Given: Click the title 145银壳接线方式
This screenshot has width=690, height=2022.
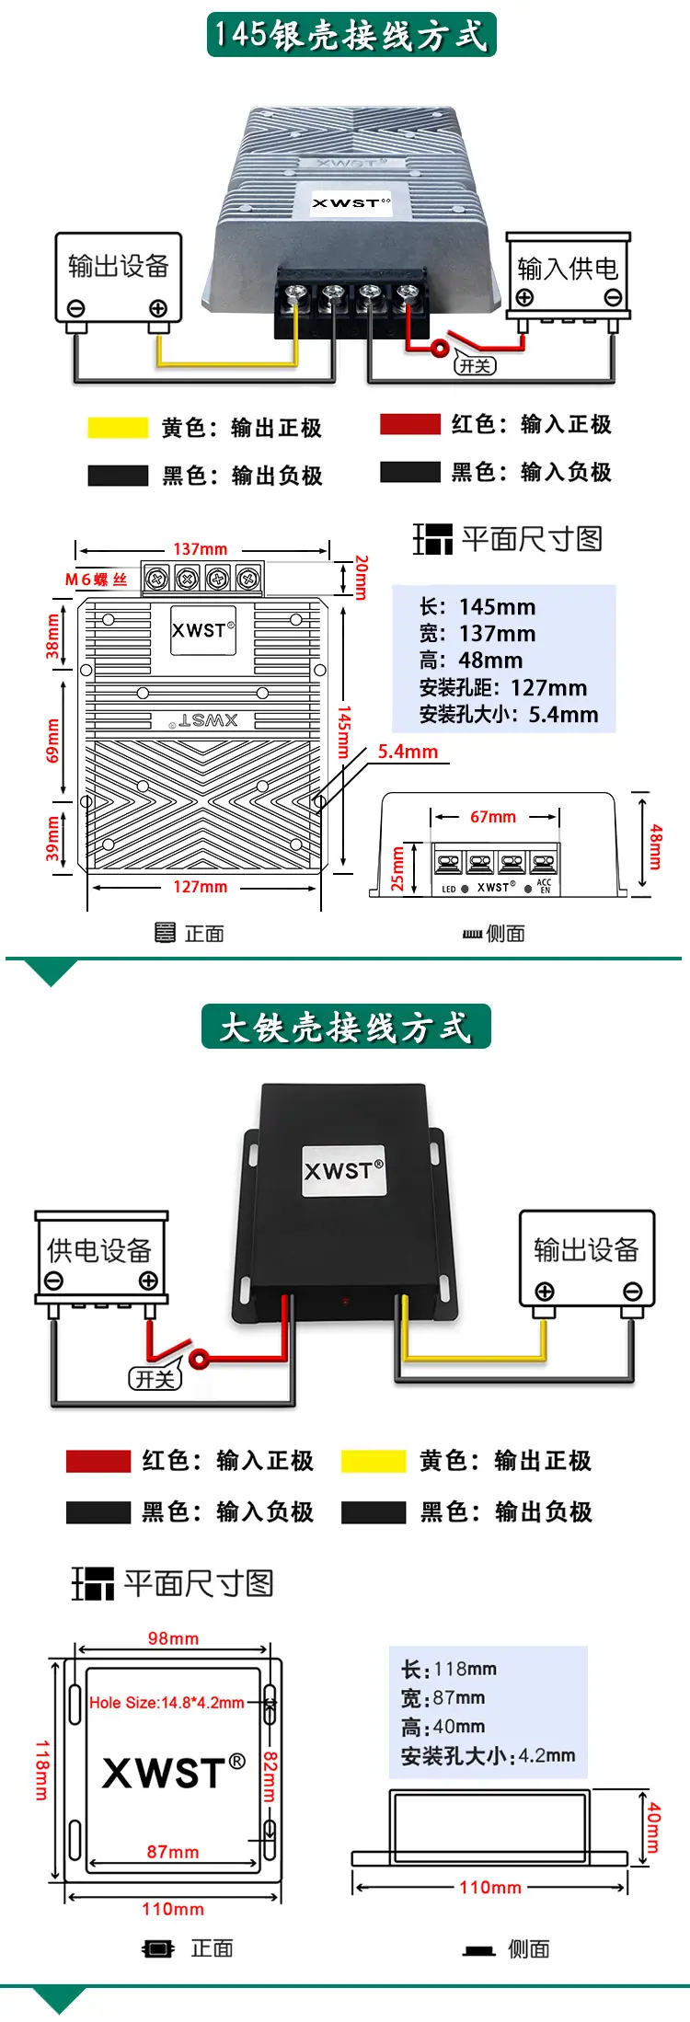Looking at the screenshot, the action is click(x=351, y=35).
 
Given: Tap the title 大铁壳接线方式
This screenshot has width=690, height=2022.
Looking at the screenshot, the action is click(x=346, y=1027).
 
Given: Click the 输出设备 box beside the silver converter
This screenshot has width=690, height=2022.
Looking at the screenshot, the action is click(x=119, y=278).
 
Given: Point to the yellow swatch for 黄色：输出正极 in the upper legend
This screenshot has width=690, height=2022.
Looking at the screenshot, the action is click(x=118, y=428).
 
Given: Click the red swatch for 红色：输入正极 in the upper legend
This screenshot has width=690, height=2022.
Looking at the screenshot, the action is click(x=410, y=424).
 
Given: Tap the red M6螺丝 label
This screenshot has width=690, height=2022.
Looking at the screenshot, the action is click(x=96, y=580).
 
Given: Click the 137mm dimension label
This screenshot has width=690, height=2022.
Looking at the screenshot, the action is click(x=201, y=549).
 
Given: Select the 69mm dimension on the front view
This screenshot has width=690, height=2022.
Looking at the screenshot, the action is click(x=52, y=741).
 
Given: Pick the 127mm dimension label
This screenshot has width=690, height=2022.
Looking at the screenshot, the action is click(x=201, y=887).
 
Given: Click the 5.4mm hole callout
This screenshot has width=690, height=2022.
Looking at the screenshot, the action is click(x=408, y=752).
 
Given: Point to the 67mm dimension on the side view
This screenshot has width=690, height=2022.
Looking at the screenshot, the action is click(x=493, y=817).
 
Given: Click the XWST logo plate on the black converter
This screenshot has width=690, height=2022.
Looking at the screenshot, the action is click(x=344, y=1171).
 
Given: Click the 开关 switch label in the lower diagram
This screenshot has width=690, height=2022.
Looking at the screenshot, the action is click(x=155, y=1378).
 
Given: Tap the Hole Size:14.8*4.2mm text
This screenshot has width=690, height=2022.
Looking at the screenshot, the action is click(x=167, y=1703).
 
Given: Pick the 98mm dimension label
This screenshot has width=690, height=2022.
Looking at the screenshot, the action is click(x=173, y=1638).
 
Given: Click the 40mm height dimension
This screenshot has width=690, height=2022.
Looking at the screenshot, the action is click(x=653, y=1827).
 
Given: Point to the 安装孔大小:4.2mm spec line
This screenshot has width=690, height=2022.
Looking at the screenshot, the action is click(x=488, y=1755).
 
